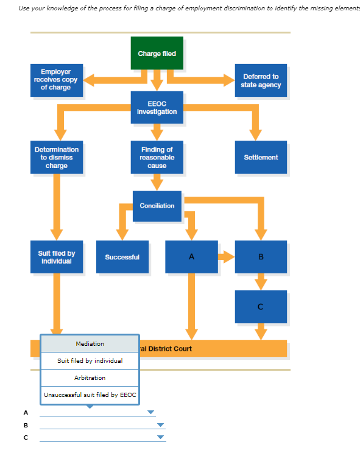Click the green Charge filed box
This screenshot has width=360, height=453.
pyautogui.click(x=157, y=53)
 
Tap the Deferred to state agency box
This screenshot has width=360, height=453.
pyautogui.click(x=261, y=80)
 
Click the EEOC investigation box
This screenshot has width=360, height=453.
pyautogui.click(x=157, y=108)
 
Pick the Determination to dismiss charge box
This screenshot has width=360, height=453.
pyautogui.click(x=57, y=157)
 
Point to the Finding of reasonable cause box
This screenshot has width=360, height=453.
pyautogui.click(x=157, y=157)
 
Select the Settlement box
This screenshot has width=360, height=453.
pyautogui.click(x=261, y=157)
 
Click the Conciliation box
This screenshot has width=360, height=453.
pyautogui.click(x=157, y=206)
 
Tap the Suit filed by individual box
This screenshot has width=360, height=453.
pyautogui.click(x=57, y=257)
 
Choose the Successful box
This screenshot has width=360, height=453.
pyautogui.click(x=122, y=257)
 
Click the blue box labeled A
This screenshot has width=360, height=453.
pyautogui.click(x=191, y=257)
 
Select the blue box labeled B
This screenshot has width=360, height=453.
pyautogui.click(x=261, y=257)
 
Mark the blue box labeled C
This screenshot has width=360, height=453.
pyautogui.click(x=261, y=306)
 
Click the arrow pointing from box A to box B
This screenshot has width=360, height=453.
pyautogui.click(x=227, y=256)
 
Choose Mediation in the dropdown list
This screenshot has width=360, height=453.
pyautogui.click(x=90, y=344)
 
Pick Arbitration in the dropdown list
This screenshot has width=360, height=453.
pyautogui.click(x=90, y=377)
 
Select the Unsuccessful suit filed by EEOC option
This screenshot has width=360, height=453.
pyautogui.click(x=90, y=395)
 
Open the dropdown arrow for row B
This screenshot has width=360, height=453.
pyautogui.click(x=161, y=425)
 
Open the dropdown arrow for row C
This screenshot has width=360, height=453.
pyautogui.click(x=161, y=437)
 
